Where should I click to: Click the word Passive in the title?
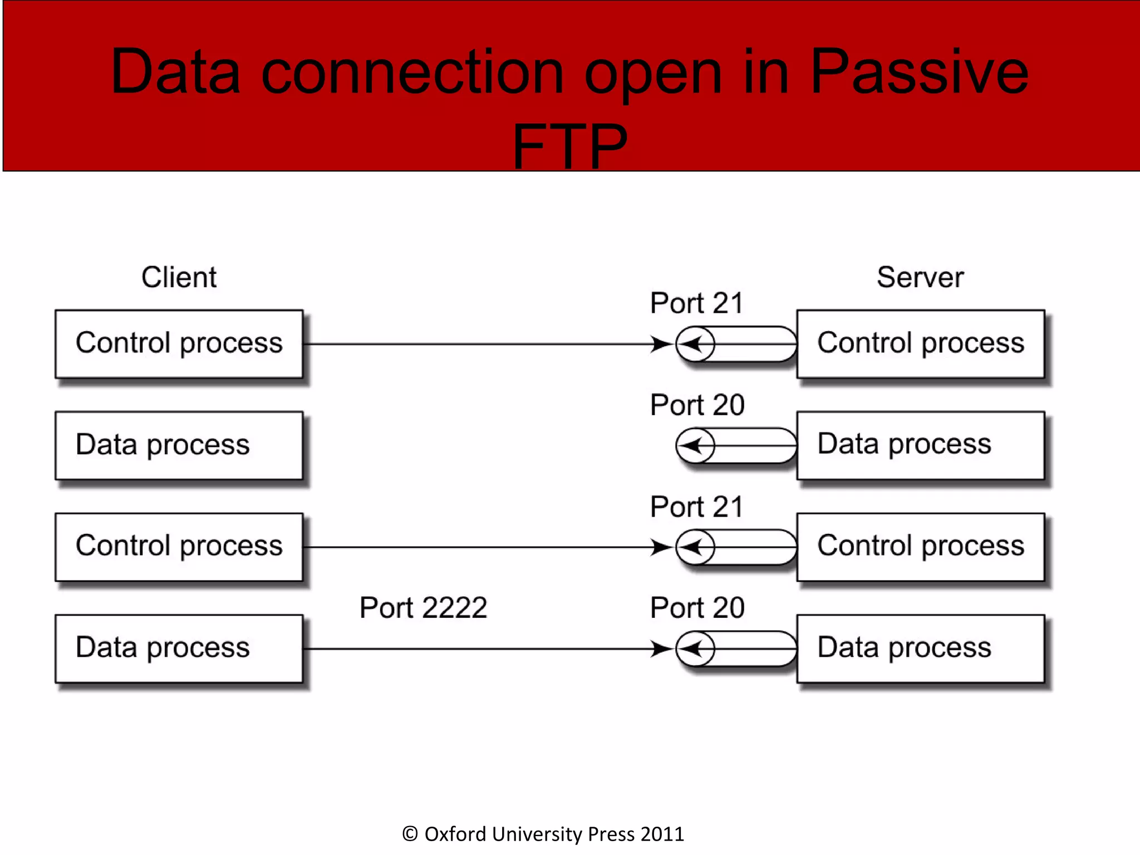coord(918,72)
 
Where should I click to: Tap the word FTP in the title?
coord(570,146)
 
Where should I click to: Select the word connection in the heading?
coord(412,72)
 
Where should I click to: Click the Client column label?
coord(179,277)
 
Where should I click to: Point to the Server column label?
coord(920,277)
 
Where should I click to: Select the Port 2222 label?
coord(423,607)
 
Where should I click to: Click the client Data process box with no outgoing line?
coord(179,445)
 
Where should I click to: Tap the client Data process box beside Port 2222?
coord(179,648)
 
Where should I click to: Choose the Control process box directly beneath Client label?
coord(179,343)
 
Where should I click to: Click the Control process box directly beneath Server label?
coord(920,343)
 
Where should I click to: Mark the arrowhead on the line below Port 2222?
coord(661,648)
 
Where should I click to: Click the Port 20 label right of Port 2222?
coord(697,607)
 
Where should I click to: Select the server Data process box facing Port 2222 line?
coord(920,648)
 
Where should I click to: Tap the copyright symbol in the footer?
coord(410,834)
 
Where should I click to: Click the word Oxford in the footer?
coord(455,834)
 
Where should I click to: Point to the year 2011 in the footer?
coord(662,834)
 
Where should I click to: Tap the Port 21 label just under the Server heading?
coord(696,303)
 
